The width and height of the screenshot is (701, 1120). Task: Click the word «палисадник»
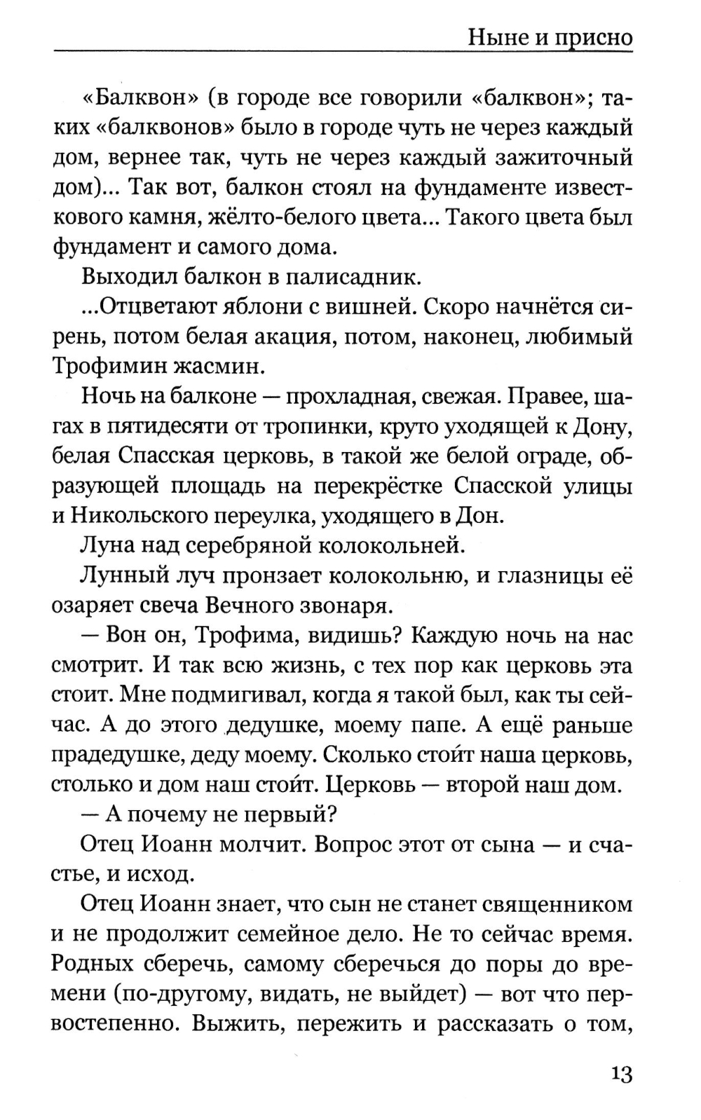354,277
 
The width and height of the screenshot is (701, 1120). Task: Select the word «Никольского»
135,516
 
